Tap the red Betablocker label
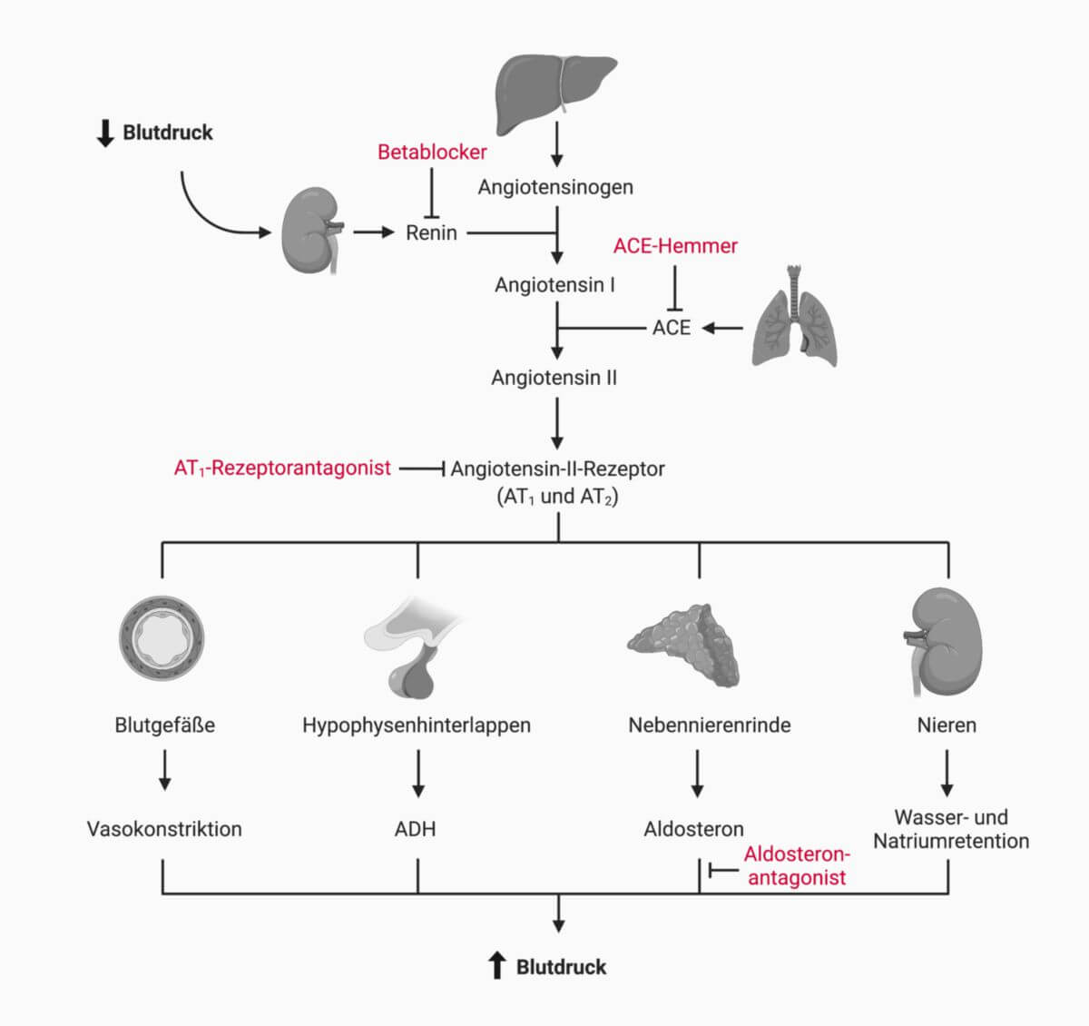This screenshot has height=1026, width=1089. [432, 152]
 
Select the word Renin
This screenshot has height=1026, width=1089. [431, 232]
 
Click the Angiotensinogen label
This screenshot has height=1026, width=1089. [555, 187]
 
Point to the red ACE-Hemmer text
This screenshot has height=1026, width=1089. [675, 245]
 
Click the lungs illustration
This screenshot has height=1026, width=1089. [795, 318]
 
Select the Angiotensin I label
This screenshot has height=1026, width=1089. [554, 284]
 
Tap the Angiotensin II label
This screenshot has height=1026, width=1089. [554, 377]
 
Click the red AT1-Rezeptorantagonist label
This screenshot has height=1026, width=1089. [282, 469]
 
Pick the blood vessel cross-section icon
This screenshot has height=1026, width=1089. [162, 637]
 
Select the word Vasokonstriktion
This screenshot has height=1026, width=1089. [164, 829]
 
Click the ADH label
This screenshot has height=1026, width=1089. [415, 829]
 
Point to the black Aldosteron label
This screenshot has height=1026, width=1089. [693, 829]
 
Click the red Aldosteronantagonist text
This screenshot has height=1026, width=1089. [796, 866]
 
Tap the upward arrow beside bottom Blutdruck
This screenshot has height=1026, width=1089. [496, 966]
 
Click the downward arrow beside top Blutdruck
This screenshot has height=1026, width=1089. [105, 133]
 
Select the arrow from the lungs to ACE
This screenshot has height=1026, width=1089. [723, 328]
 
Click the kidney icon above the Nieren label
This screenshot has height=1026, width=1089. [944, 640]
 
